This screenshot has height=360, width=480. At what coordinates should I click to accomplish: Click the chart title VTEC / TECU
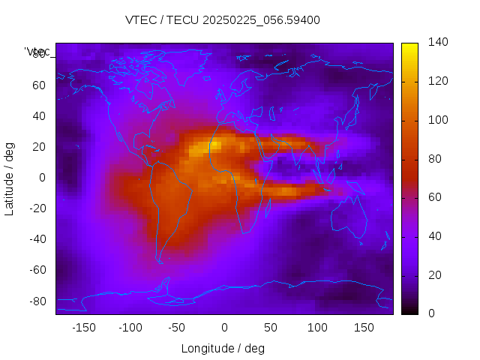223,20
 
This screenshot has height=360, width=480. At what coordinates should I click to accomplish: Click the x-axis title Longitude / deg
223,348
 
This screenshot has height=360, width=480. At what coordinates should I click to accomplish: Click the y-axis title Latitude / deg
10,178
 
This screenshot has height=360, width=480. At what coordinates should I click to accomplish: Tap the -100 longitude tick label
130,328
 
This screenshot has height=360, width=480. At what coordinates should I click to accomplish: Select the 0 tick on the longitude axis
223,328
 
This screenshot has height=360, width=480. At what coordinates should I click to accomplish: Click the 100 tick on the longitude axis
317,328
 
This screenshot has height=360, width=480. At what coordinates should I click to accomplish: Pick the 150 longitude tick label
364,328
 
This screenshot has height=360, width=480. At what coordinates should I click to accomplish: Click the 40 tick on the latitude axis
39,116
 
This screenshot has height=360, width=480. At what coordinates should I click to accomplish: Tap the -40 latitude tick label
37,239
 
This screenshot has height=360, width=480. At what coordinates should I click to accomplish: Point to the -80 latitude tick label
37,301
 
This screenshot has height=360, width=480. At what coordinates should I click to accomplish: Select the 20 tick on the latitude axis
39,147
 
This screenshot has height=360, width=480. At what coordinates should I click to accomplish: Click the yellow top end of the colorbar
409,46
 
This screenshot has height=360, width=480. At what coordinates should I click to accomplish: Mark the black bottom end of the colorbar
409,310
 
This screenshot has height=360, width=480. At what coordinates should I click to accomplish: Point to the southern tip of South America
160,262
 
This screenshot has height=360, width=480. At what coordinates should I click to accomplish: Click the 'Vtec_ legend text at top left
37,52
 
